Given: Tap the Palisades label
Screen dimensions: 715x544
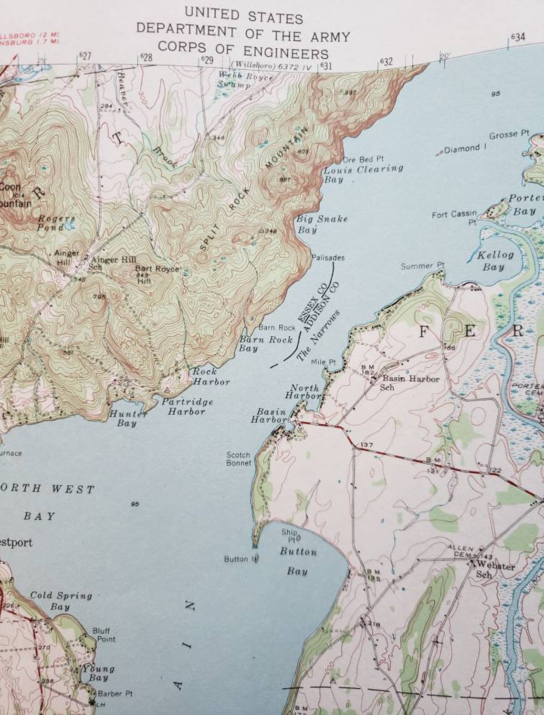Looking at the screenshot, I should click(328, 257).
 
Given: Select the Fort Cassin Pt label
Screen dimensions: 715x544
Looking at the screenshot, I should click(454, 218).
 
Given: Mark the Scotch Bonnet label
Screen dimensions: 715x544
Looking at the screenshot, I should click(239, 459).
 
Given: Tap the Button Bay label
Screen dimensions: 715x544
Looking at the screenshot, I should click(298, 561).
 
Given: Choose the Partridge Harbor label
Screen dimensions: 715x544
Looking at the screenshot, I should click(187, 406).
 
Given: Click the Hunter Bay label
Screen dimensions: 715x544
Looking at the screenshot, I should click(126, 418).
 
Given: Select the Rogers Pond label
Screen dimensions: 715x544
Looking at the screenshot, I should click(56, 223).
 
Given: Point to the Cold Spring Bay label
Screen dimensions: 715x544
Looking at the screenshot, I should click(61, 601).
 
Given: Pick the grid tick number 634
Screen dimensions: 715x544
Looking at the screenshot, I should click(518, 37).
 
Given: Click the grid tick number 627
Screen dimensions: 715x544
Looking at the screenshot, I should click(84, 56).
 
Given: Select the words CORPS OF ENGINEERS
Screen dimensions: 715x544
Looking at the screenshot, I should click(243, 50).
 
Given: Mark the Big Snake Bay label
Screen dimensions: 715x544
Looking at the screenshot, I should click(322, 224).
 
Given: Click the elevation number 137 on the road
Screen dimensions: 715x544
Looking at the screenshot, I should click(366, 445).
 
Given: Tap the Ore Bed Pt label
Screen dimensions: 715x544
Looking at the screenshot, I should click(364, 159).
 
